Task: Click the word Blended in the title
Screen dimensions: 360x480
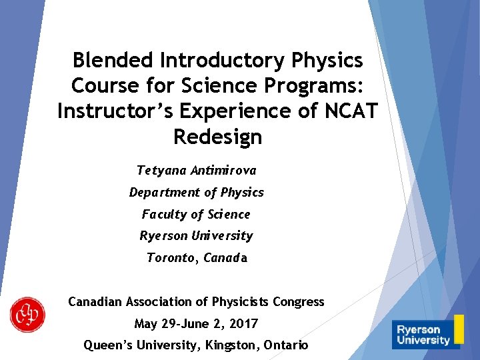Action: point(113,61)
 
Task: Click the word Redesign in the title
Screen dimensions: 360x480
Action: point(217,137)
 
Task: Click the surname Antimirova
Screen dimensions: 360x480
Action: point(223,171)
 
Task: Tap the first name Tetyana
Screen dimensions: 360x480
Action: point(161,171)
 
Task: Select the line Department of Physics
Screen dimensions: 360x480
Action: point(196,193)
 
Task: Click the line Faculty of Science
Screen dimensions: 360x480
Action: point(196,215)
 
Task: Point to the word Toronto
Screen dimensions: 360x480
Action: point(172,258)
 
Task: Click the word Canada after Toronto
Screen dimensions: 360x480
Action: point(225,258)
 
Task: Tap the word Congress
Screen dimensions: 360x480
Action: point(299,302)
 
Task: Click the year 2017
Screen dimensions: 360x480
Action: point(243,324)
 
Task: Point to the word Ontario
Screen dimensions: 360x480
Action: point(285,345)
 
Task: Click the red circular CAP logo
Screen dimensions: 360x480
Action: point(27,314)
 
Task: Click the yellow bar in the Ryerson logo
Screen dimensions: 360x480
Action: point(459,329)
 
